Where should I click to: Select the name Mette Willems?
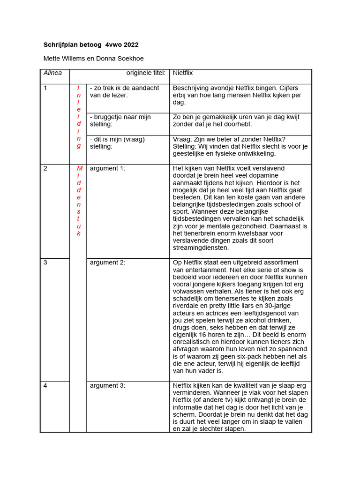(64, 59)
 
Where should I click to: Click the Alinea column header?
(52, 73)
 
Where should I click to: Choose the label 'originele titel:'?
(146, 73)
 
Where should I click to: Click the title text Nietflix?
(183, 73)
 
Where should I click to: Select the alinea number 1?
(45, 88)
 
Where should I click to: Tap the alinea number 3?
(45, 262)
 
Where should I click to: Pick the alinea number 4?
(45, 385)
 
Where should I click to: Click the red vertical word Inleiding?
(79, 117)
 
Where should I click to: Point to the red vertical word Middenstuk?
(79, 201)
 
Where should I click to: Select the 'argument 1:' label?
(107, 168)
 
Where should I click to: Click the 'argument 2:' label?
(107, 262)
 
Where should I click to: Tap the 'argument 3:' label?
(107, 385)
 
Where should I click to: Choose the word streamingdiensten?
(201, 247)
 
